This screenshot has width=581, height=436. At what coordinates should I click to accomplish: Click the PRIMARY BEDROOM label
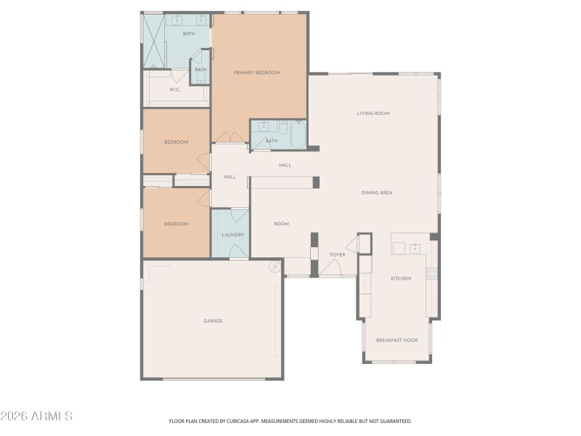(256, 73)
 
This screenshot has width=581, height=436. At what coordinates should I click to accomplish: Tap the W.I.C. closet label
(174, 89)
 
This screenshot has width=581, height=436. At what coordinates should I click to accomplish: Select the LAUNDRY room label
(232, 235)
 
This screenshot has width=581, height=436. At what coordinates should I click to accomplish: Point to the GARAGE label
(212, 320)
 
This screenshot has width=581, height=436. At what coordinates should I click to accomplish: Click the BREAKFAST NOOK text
(397, 340)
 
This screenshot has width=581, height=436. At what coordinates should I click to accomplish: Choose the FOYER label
(338, 255)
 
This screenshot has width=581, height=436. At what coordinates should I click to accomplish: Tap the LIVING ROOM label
(373, 113)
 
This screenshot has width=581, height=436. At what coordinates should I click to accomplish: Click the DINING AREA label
(377, 193)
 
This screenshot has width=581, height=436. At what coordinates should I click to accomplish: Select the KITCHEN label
(401, 278)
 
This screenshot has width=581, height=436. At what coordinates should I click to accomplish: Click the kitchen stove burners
(431, 274)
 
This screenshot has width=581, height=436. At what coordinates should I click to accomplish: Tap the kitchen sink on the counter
(415, 249)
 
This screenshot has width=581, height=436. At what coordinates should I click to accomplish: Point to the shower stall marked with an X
(153, 40)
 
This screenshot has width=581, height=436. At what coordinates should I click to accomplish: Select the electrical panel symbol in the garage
(275, 267)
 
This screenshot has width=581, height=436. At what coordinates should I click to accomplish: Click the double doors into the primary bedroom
(229, 137)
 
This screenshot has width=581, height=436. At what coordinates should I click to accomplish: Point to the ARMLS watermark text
(36, 416)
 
